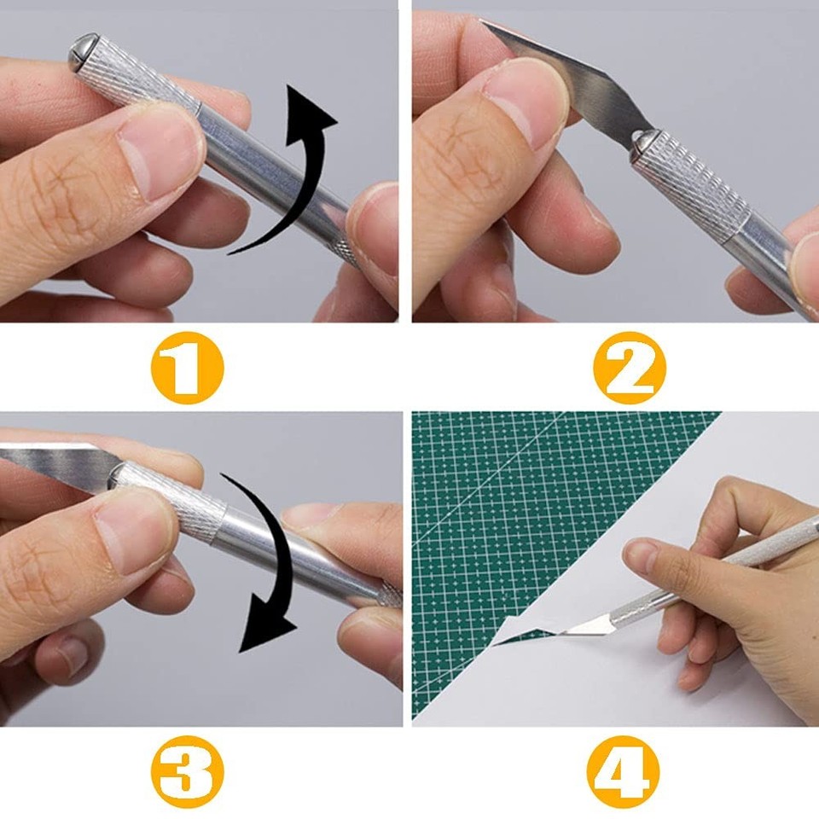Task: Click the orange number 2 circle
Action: (630, 368)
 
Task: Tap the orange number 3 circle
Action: (188, 773)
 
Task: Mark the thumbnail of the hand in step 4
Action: (641, 555)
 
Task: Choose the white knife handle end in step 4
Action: (768, 546)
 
